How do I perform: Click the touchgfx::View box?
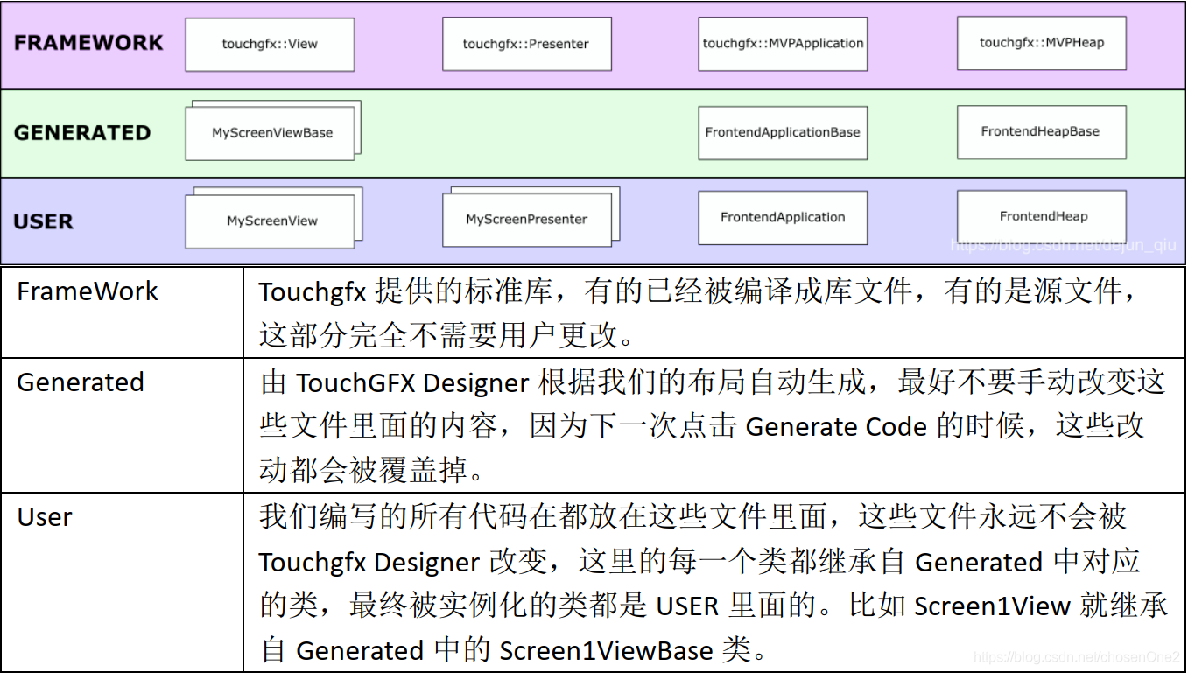click(x=270, y=45)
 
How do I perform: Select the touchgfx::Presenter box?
click(x=526, y=45)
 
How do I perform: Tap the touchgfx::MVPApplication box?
click(x=783, y=44)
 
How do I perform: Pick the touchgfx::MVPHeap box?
click(x=1041, y=43)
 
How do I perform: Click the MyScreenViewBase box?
click(x=271, y=133)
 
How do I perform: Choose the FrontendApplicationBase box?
click(x=783, y=133)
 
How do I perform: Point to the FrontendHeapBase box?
click(x=1041, y=132)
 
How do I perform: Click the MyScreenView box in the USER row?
click(x=271, y=221)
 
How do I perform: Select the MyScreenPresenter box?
click(x=526, y=220)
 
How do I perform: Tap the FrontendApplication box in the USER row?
click(x=783, y=218)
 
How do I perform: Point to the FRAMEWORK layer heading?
click(x=88, y=43)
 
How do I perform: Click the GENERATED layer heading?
click(x=82, y=133)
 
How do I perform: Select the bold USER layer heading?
click(x=43, y=221)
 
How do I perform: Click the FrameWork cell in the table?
click(x=88, y=291)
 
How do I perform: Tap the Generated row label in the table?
click(x=81, y=382)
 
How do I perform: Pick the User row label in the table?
click(x=45, y=516)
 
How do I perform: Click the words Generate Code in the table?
click(x=836, y=427)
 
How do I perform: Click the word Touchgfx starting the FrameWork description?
click(x=312, y=292)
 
